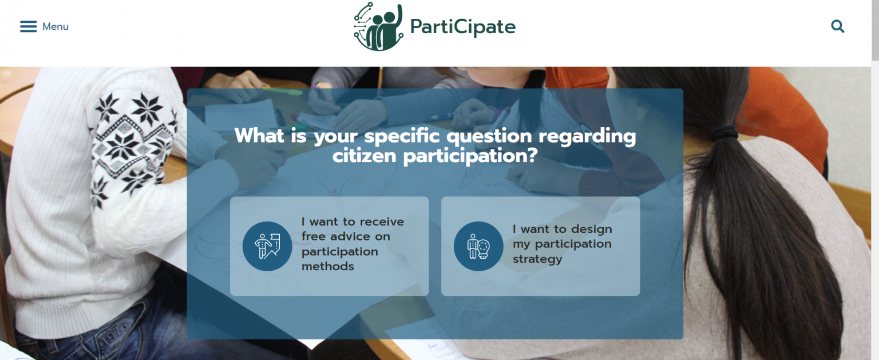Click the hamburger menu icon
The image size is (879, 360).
click(x=28, y=26)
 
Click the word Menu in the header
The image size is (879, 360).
click(x=56, y=27)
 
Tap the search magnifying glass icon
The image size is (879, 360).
click(x=837, y=26)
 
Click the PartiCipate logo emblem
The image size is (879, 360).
click(x=378, y=27)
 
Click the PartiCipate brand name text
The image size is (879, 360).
click(x=462, y=27)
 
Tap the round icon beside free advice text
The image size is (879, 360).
click(x=267, y=246)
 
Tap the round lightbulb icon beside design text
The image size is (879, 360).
click(x=478, y=246)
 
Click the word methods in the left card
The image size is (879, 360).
click(x=328, y=267)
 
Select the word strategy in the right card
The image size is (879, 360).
click(x=537, y=259)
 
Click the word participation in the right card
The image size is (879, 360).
click(x=573, y=244)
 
